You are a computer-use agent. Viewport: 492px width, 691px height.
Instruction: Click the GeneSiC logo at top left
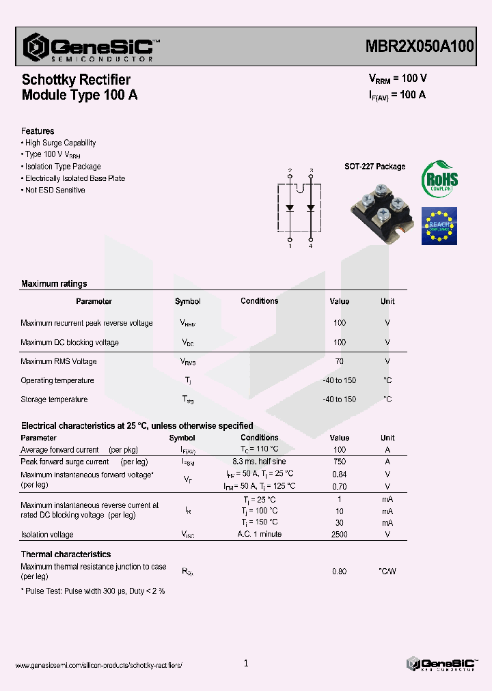coord(89,46)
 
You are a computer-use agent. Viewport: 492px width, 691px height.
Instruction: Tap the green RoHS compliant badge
coord(439,180)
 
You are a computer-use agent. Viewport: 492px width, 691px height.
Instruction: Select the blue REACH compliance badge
coord(439,225)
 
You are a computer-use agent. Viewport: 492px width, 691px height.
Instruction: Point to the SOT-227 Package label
coord(374,167)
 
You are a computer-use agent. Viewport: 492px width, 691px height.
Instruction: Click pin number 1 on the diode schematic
coord(290,246)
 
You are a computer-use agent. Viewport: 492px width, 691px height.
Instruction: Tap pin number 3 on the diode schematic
coord(311,170)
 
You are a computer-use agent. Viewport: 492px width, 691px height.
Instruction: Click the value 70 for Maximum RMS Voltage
coord(340,361)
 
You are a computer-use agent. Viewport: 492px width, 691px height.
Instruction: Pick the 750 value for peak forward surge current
coord(340,462)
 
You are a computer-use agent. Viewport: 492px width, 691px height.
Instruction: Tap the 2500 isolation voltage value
coord(340,535)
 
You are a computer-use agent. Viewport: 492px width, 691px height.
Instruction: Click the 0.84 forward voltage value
coord(340,474)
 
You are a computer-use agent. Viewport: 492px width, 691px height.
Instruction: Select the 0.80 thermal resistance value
coord(340,572)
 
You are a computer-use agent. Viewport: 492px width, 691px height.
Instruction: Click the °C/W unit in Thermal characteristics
coord(387,572)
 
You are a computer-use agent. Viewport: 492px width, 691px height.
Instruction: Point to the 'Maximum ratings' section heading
coord(54,284)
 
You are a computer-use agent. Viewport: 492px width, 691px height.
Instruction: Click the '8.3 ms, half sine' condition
coord(259,462)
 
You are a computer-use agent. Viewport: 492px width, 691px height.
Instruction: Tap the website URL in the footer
coord(98,665)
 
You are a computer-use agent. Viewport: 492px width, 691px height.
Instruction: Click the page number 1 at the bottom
coord(246,663)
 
